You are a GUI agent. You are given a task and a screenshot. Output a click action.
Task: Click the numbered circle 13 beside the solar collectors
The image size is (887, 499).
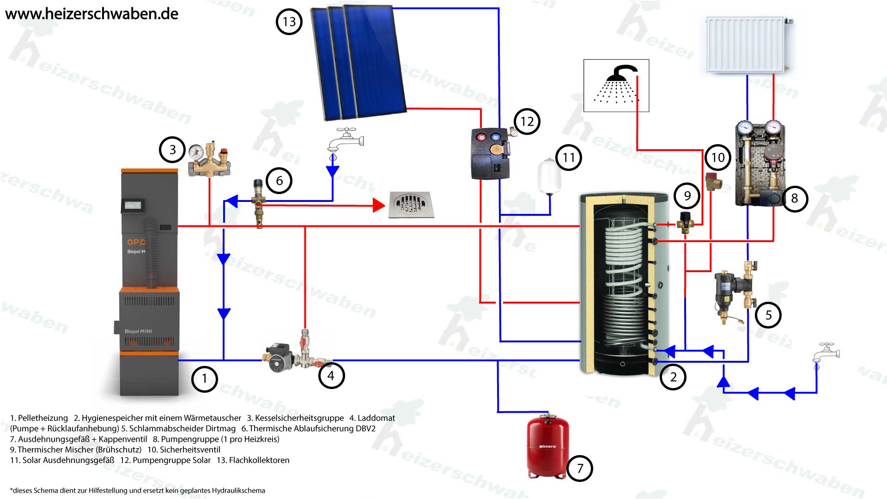(x=289, y=22)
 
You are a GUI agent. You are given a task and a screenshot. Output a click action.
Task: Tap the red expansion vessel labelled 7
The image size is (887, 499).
(x=548, y=446)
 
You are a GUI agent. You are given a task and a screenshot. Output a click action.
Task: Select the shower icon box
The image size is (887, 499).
(x=616, y=85)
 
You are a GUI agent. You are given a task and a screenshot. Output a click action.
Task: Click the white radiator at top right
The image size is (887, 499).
(x=746, y=44)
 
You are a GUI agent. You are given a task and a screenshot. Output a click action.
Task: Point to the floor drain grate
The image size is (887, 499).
(x=411, y=205)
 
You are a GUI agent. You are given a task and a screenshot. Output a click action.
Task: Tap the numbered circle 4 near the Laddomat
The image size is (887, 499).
(x=331, y=376)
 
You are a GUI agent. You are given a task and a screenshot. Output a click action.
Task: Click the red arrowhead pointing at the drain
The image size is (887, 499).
(x=379, y=205)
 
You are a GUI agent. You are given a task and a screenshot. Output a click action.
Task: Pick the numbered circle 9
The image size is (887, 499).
(x=687, y=196)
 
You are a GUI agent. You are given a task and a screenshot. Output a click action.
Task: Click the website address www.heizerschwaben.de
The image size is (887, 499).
(x=91, y=14)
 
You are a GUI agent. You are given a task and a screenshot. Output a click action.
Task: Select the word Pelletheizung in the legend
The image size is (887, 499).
(x=43, y=418)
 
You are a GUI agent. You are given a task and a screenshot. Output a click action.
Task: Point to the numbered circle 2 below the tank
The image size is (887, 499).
(x=673, y=377)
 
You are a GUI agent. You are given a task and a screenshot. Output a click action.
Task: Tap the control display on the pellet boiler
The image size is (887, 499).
(x=133, y=205)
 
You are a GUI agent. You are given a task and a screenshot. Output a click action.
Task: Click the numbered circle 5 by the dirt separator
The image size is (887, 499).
(x=768, y=315)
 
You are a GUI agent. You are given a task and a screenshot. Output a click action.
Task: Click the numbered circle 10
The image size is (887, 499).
(x=717, y=158)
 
